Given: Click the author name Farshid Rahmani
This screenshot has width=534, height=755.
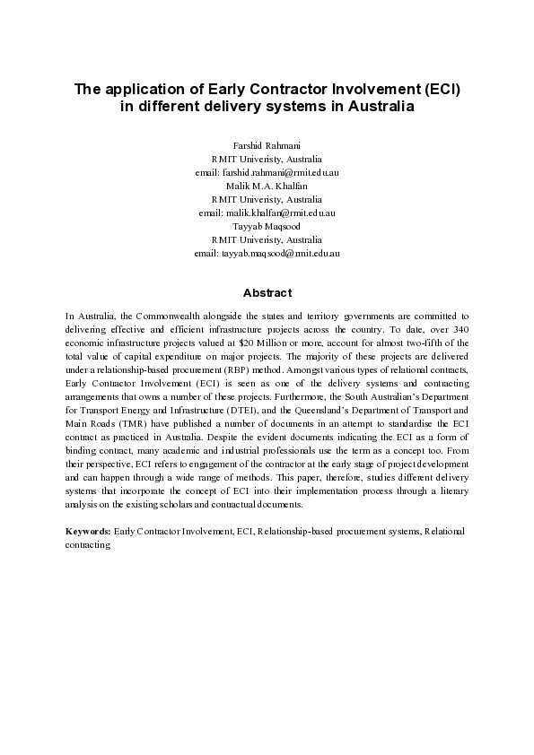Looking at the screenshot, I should coord(267,144).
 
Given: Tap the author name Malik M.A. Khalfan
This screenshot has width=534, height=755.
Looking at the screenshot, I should coord(267,185).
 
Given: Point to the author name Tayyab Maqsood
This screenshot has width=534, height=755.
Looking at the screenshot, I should coord(267,227).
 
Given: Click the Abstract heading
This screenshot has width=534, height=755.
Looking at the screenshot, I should coord(267,293).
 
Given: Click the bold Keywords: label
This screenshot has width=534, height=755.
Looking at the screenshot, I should coord(89,531).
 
